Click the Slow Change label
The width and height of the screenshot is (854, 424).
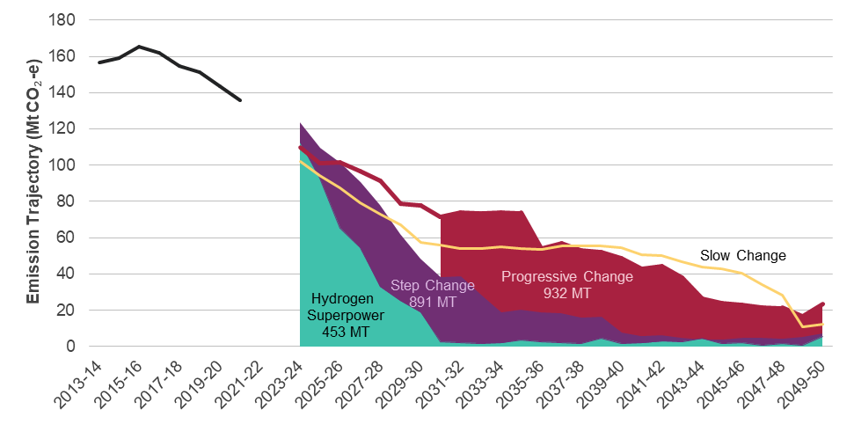click(742, 256)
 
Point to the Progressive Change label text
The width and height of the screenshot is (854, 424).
click(566, 277)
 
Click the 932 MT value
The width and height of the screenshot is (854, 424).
click(566, 294)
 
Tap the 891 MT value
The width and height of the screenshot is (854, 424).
click(433, 303)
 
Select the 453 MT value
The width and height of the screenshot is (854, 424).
click(339, 333)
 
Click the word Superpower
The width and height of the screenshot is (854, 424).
click(339, 316)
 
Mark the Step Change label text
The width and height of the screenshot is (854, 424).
click(433, 286)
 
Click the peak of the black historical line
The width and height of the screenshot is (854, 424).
click(139, 47)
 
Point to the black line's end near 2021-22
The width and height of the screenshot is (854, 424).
click(240, 100)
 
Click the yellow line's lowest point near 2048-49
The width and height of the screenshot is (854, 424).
click(803, 327)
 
